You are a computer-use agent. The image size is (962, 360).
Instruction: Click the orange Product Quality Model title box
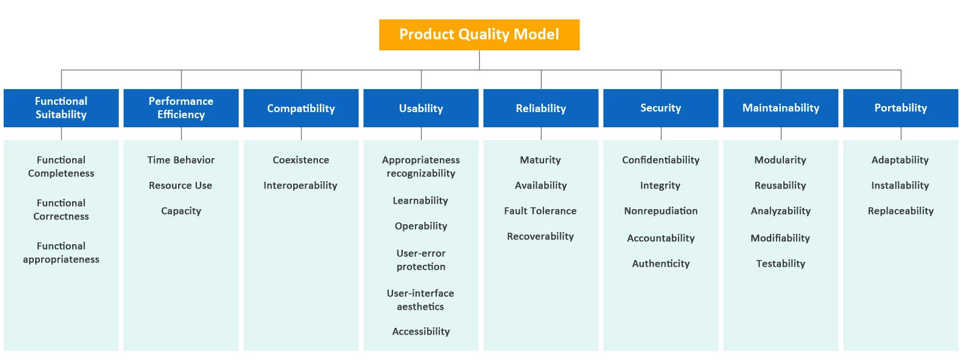point(479,35)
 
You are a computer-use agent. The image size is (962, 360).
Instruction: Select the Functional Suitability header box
point(61,108)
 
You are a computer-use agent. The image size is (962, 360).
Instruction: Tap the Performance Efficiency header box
point(181,108)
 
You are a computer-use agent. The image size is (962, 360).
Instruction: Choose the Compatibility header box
point(301,108)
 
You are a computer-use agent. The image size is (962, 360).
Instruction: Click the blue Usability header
point(421,108)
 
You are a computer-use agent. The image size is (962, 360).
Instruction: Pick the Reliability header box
point(541,108)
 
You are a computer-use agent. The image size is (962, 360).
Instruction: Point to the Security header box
point(661,108)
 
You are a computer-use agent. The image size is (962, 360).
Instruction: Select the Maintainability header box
point(781,108)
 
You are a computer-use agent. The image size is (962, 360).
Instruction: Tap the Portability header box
point(901,108)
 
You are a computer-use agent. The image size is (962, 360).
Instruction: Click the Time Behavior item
point(181,160)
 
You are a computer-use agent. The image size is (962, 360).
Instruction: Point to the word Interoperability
point(300,185)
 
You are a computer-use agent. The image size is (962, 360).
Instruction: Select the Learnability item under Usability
point(420,201)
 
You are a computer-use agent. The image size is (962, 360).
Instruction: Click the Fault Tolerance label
point(540,211)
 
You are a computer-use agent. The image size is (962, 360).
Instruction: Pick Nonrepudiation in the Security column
point(661,211)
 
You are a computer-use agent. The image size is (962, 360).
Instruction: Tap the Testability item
point(781,264)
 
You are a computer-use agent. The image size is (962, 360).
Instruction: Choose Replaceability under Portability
point(901,211)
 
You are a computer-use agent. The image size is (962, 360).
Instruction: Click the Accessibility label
point(421,332)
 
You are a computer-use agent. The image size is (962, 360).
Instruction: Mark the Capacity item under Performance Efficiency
point(181,211)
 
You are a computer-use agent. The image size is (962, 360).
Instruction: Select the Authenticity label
point(661,264)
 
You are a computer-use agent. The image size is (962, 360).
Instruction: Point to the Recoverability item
point(540,236)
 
